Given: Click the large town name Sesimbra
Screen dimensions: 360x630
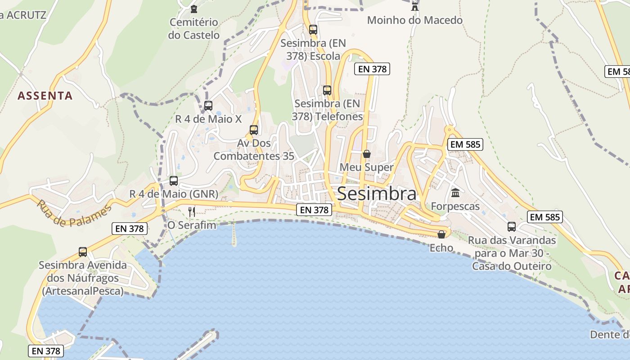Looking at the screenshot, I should (x=376, y=193).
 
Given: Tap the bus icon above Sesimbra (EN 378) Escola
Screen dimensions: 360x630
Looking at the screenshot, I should (x=313, y=30).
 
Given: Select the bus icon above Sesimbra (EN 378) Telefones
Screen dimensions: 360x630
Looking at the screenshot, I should (x=327, y=90).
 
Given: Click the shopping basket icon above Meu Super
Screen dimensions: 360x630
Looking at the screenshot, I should (x=367, y=154).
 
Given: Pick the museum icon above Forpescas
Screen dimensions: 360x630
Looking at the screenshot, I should (x=455, y=193).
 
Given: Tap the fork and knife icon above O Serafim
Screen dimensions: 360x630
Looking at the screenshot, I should (x=192, y=211).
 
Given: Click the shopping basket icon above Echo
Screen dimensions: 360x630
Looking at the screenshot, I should (x=441, y=234).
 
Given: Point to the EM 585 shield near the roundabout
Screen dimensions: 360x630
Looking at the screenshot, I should (x=465, y=144).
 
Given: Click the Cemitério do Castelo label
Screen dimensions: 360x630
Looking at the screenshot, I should (x=193, y=28).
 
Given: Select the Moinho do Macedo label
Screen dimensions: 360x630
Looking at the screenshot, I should (x=414, y=20).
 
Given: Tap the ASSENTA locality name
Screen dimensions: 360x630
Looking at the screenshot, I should (x=45, y=95).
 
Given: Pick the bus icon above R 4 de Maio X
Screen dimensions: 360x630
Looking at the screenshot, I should (x=208, y=106).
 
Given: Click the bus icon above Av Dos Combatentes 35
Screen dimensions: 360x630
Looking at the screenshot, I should (x=254, y=130).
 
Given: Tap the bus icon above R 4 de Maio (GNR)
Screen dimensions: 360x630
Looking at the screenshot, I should (x=174, y=181).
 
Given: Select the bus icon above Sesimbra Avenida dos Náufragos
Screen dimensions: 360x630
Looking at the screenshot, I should (x=83, y=252).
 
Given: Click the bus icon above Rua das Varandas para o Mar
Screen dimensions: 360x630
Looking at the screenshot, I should (x=512, y=227).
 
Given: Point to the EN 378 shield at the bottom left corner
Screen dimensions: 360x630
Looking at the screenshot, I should (x=45, y=351).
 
